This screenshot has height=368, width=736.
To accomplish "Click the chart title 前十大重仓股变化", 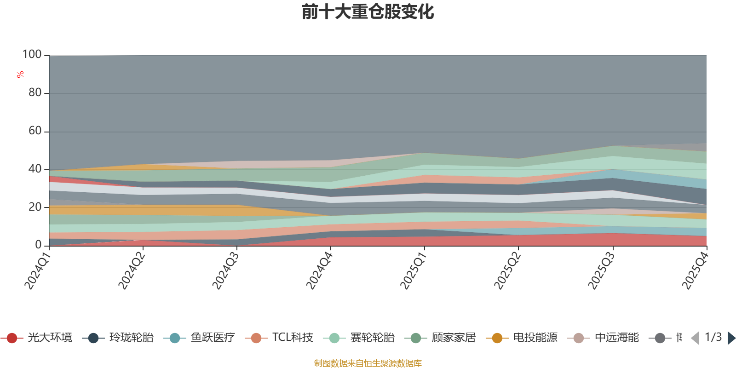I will coord(368,12).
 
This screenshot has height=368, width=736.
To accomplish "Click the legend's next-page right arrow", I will coord(731,338).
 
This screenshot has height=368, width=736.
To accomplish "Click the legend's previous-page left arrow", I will coord(695,338).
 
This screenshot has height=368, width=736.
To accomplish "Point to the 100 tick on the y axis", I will coord(32,55).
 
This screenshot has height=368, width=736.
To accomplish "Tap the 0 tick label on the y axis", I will coord(38,245).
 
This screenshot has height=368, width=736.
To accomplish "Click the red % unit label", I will coord(20,74).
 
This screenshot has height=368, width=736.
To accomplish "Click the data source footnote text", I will coord(368,363).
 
